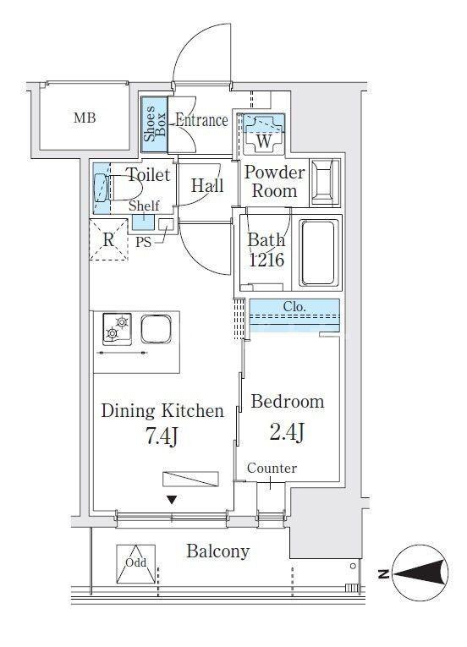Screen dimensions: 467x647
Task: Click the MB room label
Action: pos(85,118)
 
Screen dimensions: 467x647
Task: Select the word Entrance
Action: pos(201,120)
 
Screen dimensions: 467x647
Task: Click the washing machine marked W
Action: pos(263,134)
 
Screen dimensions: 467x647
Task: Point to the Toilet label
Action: pos(149,175)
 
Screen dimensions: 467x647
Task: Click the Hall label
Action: pos(207,186)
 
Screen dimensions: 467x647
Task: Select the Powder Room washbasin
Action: pos(325,183)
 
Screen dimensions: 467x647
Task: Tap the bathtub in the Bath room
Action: pos(318,253)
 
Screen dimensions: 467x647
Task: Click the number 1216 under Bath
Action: pos(266,260)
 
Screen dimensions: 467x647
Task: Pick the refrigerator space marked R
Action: pos(108,239)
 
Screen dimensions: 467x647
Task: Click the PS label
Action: pos(144,243)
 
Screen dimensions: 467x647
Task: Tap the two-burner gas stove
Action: pos(118,329)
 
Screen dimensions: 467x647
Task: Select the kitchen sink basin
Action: pos(156,329)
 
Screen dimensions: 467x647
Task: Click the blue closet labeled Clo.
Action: pos(294,315)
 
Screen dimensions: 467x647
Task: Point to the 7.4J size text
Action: pos(162,437)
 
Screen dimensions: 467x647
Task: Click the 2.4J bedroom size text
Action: pos(288,432)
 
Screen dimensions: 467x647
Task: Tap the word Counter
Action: pos(272,469)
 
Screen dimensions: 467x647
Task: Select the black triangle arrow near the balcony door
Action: pos(172,501)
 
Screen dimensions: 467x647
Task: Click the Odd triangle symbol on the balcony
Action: pos(136,563)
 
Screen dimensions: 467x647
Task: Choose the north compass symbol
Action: pos(420,573)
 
